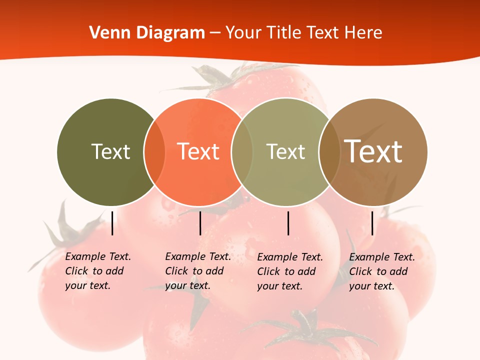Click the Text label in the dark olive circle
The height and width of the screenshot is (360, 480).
click(x=110, y=151)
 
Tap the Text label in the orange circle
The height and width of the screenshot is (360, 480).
click(x=198, y=151)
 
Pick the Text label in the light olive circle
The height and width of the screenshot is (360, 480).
click(x=285, y=151)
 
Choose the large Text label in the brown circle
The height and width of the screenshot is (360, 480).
click(x=373, y=151)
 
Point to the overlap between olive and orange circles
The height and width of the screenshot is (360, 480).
click(x=154, y=151)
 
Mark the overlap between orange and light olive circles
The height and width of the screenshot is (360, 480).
click(x=242, y=151)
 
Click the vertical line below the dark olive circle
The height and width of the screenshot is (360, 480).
click(x=112, y=223)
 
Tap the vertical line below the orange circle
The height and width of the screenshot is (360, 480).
click(x=200, y=223)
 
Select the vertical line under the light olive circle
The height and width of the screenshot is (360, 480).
click(x=288, y=223)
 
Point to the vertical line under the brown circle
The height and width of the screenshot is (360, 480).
click(x=372, y=223)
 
